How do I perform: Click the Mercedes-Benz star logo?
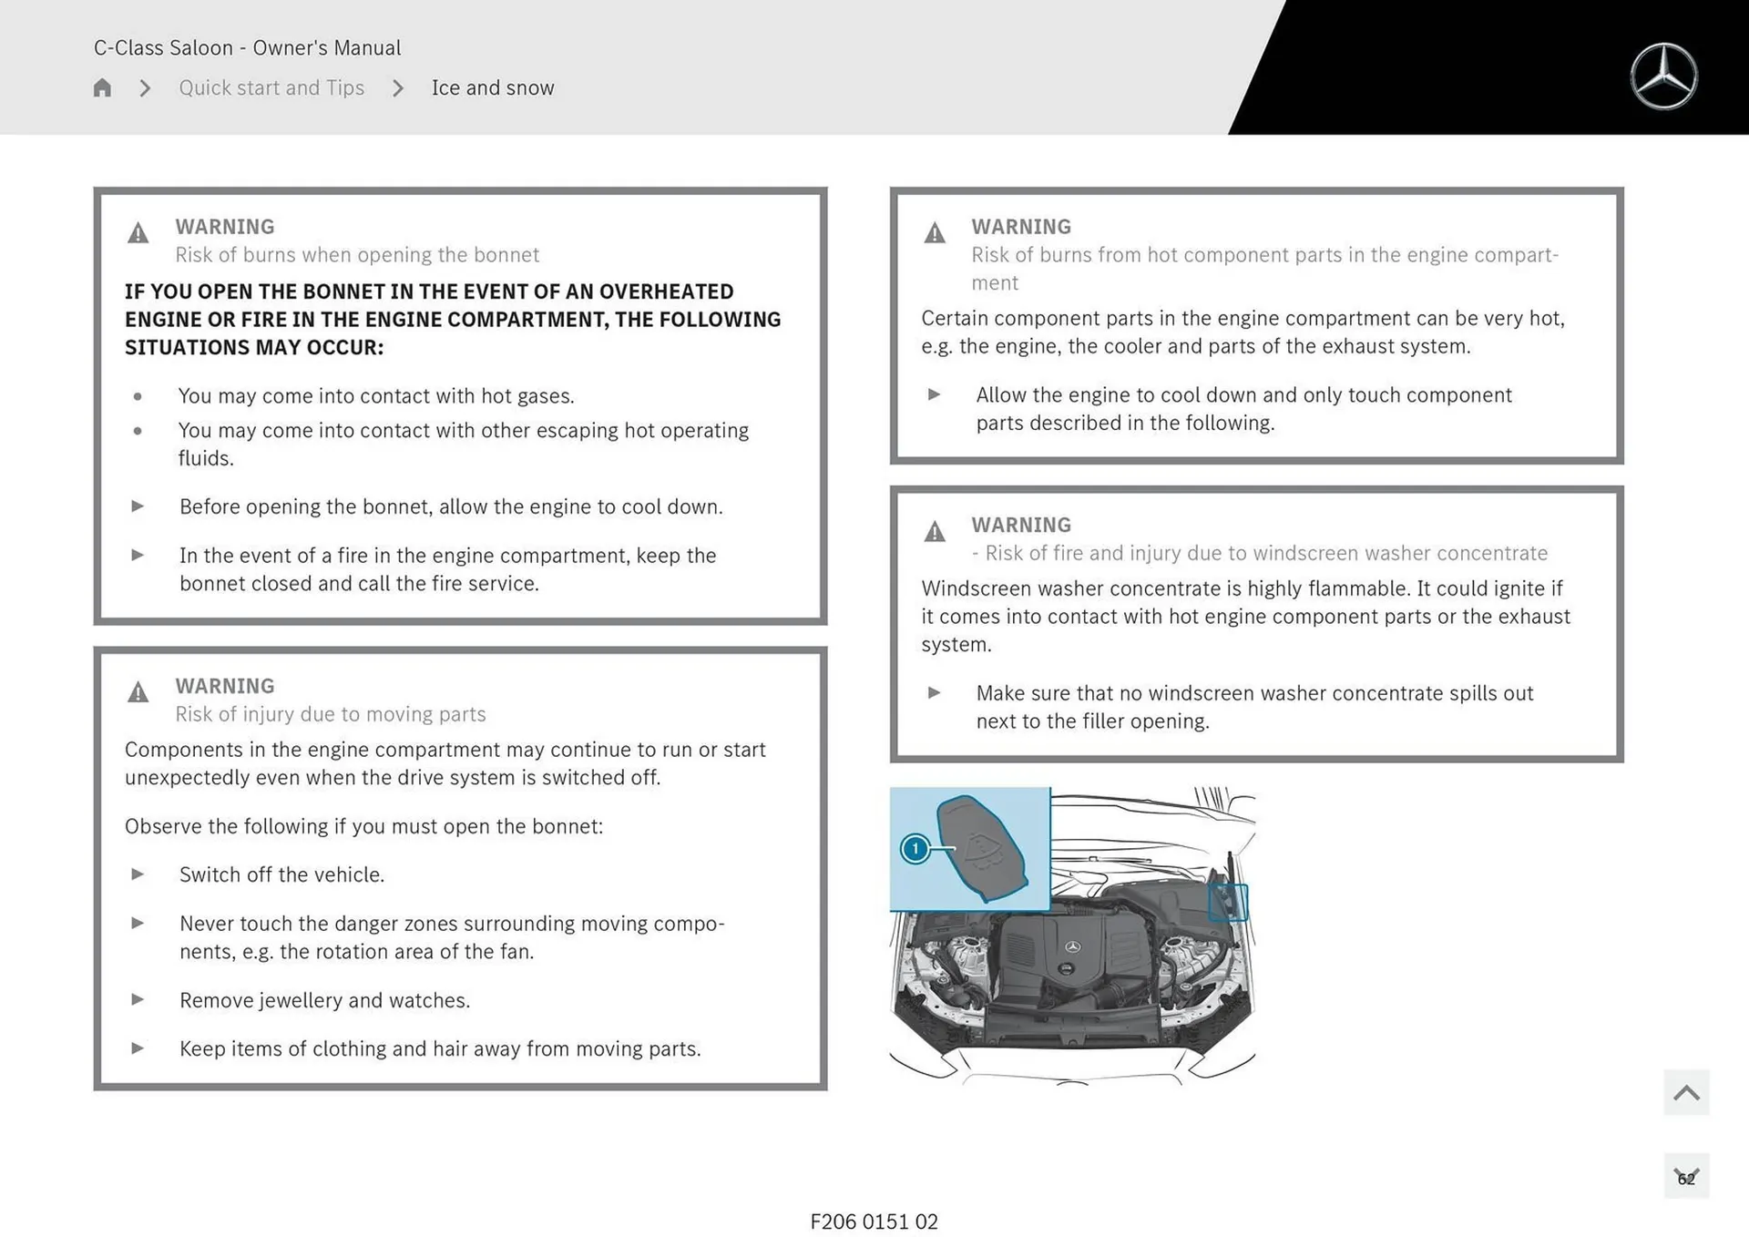(1663, 77)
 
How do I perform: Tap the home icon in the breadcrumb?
(102, 87)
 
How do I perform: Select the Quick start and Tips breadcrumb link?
(271, 87)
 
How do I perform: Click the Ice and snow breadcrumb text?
(492, 87)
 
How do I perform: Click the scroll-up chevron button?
(1686, 1092)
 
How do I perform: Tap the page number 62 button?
(1686, 1178)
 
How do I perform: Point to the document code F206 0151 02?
(874, 1222)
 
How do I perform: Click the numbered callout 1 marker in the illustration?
(915, 849)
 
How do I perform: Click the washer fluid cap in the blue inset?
(982, 847)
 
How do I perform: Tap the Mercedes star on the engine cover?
(1072, 947)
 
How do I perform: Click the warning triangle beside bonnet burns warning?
(138, 233)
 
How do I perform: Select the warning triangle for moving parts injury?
(138, 692)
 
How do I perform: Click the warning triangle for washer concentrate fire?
(935, 531)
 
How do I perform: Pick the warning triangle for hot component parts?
(935, 233)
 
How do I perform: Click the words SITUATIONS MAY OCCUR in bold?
(254, 348)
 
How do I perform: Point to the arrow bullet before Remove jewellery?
(138, 999)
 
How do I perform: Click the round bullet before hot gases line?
(138, 396)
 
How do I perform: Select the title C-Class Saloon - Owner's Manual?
(247, 47)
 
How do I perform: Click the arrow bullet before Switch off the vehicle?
(138, 874)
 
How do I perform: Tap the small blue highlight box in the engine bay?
(1227, 902)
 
